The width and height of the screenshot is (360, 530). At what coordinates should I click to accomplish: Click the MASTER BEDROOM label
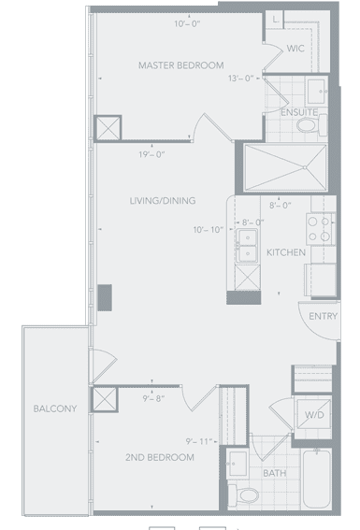click(x=180, y=65)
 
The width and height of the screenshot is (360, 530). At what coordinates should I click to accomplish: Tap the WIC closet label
click(x=295, y=49)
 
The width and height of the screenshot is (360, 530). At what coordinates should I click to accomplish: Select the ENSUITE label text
click(x=299, y=112)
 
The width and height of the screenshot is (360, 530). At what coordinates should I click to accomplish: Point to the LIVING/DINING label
click(x=163, y=200)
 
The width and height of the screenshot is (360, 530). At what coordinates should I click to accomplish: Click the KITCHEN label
click(x=286, y=252)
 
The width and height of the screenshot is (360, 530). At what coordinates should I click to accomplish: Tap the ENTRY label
click(x=324, y=316)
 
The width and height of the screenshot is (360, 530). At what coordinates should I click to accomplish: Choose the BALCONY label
click(x=55, y=408)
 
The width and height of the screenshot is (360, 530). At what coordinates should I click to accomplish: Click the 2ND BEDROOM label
click(x=160, y=457)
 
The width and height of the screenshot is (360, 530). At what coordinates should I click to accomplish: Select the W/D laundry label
click(x=314, y=415)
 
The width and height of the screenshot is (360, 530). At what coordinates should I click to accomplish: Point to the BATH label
click(x=275, y=473)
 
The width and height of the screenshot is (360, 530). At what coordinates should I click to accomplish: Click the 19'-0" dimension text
click(x=151, y=154)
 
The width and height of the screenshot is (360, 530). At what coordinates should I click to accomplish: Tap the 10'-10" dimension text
click(x=209, y=230)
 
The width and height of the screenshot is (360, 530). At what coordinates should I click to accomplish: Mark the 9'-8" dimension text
click(x=153, y=398)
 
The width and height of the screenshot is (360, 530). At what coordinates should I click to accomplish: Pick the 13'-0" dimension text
click(x=241, y=79)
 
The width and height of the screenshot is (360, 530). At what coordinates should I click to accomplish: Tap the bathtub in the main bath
click(x=316, y=478)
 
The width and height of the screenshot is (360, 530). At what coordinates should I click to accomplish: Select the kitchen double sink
click(x=247, y=246)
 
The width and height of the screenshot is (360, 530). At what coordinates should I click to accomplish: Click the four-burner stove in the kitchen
click(x=321, y=229)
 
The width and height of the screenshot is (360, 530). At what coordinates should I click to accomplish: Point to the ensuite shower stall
click(x=285, y=167)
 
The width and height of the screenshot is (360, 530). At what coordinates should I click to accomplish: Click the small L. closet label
click(x=276, y=20)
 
